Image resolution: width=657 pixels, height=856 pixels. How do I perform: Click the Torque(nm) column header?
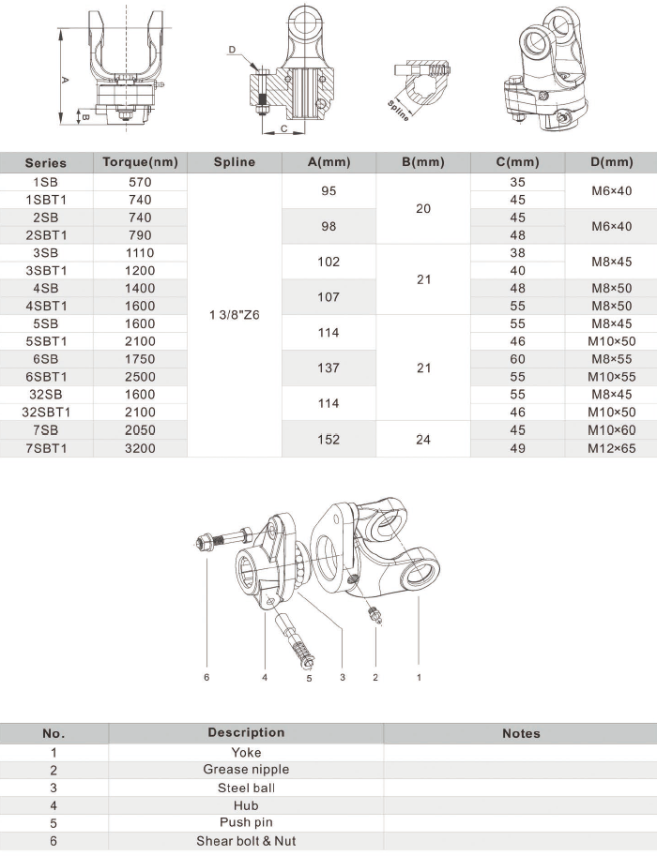(140, 162)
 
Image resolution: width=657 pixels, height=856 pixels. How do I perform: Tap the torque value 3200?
(140, 448)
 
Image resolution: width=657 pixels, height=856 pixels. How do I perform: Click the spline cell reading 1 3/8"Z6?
(234, 315)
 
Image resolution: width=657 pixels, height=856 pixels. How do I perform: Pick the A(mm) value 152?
(328, 439)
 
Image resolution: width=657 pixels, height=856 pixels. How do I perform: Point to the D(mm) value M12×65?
(611, 448)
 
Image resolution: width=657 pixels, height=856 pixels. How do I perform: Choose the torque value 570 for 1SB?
(140, 182)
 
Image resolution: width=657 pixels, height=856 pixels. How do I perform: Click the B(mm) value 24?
(422, 439)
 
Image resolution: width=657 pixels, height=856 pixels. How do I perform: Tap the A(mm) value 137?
(328, 368)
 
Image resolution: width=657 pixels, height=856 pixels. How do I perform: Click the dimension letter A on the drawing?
(65, 81)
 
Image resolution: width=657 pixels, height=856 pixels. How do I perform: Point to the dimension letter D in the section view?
(232, 49)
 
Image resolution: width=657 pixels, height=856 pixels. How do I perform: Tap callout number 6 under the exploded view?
(206, 675)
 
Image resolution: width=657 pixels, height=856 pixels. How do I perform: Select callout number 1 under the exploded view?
(419, 675)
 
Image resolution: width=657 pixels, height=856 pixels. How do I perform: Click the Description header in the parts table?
(246, 733)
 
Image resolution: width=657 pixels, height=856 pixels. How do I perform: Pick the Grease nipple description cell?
(246, 770)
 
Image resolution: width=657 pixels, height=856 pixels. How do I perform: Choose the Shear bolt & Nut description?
(246, 841)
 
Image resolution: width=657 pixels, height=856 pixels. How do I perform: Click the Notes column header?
(521, 733)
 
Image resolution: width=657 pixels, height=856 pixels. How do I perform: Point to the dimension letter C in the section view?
(283, 130)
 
